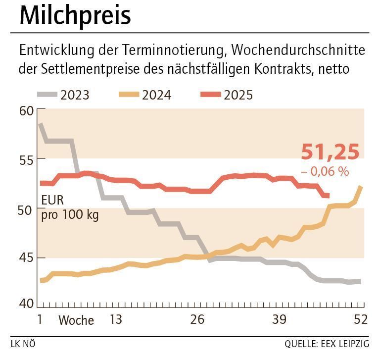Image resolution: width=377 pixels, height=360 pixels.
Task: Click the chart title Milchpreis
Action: (75, 16)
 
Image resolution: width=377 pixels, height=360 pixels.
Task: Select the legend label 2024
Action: (156, 95)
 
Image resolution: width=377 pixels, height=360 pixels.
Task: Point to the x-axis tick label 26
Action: (197, 319)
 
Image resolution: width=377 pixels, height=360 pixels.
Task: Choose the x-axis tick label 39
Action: (279, 319)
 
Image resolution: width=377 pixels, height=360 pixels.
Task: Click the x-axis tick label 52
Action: (361, 319)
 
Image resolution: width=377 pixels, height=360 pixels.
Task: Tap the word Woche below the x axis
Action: (76, 320)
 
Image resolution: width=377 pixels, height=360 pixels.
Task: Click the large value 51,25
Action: (330, 152)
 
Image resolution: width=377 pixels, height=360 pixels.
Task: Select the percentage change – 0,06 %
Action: (325, 171)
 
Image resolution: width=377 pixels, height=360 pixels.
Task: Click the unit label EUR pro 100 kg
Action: (70, 208)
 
